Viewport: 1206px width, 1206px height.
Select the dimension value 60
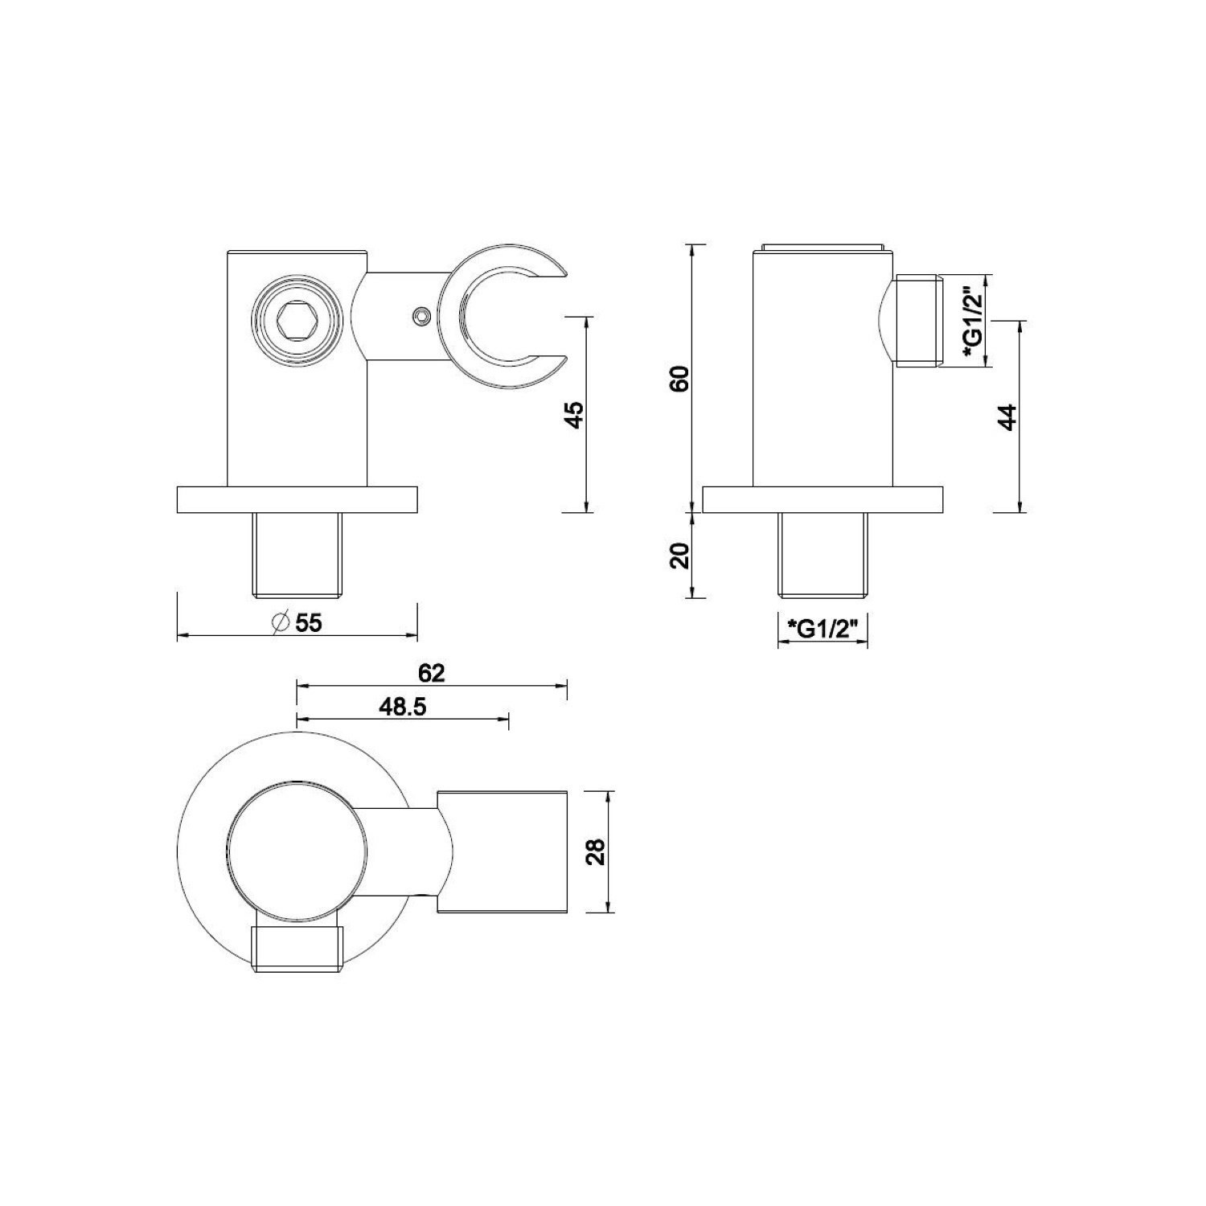tap(681, 378)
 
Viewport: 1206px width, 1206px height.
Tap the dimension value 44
tap(1008, 417)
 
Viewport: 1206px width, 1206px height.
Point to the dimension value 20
tap(681, 556)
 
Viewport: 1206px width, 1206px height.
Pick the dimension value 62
tap(432, 672)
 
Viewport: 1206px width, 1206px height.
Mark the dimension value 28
tap(595, 851)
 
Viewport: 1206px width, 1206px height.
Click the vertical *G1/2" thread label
tap(972, 321)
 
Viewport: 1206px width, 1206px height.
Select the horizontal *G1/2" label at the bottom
tap(822, 626)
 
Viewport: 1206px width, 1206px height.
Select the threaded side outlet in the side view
tap(917, 321)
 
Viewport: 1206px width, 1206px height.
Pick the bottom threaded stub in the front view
tap(297, 555)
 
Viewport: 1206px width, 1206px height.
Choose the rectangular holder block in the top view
tap(504, 851)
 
